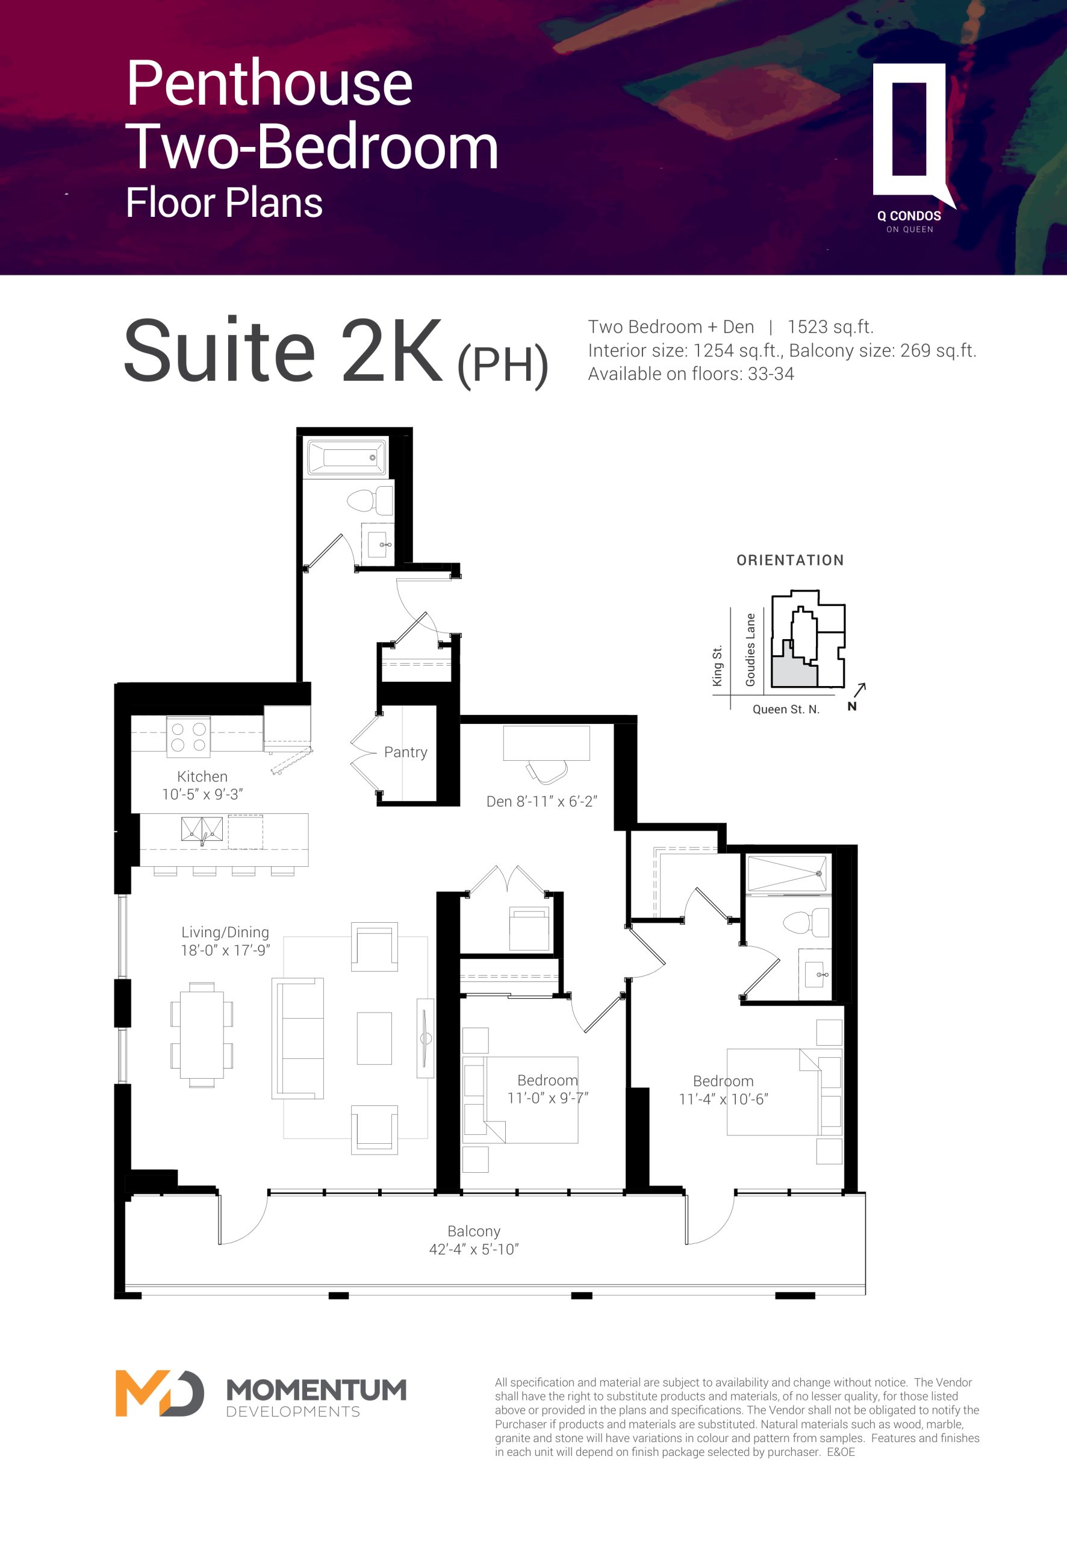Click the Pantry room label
click(x=405, y=752)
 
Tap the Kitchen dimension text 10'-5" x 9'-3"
click(x=202, y=794)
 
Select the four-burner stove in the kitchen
click(x=188, y=737)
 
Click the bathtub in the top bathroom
click(x=346, y=457)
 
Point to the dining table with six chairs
click(x=202, y=1034)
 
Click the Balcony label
click(x=474, y=1231)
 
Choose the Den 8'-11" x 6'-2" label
click(x=541, y=801)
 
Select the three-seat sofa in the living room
click(x=297, y=1038)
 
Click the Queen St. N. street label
click(x=786, y=710)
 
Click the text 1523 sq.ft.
click(x=830, y=327)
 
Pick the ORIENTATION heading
click(x=790, y=560)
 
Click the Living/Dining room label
click(x=225, y=932)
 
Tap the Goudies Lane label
click(x=751, y=650)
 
